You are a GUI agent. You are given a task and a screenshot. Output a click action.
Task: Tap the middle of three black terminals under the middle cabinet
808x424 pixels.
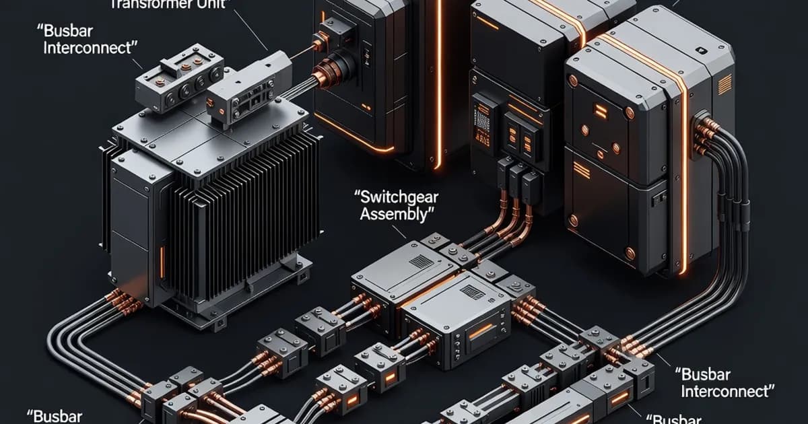pos(516,177)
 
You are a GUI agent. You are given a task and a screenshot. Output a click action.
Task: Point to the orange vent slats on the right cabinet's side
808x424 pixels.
pos(725,85)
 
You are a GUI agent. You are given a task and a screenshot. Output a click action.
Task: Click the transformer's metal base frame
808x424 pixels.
pos(236,296)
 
